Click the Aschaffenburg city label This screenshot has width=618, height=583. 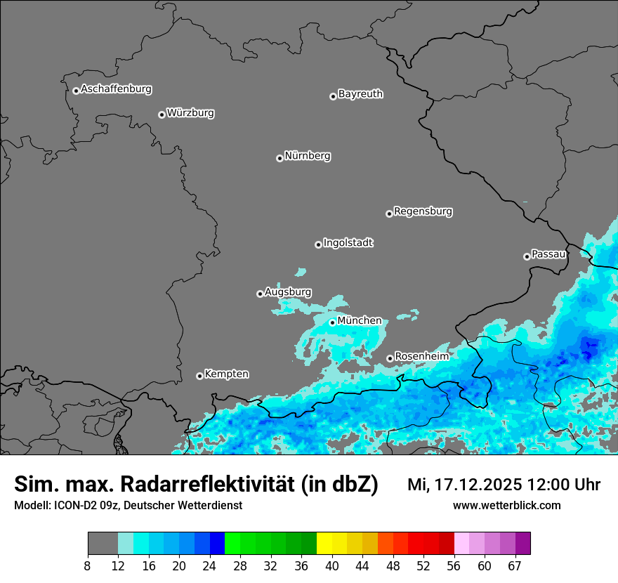(116, 89)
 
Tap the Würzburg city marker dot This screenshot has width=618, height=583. (162, 114)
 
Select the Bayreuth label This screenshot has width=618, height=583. (360, 93)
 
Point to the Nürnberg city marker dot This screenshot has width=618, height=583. (280, 158)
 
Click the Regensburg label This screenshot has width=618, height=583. (423, 211)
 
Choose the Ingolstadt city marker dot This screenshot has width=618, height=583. (318, 244)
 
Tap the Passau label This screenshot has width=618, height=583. (548, 254)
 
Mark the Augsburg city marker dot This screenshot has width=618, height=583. (260, 294)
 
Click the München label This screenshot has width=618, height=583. (360, 320)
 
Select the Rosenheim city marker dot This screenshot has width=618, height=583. (390, 358)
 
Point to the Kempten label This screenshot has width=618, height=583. (226, 374)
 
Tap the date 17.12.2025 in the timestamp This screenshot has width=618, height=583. (475, 485)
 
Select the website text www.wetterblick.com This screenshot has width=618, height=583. (506, 505)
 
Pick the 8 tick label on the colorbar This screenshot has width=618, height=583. (88, 566)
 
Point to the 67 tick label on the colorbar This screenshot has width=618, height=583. (515, 566)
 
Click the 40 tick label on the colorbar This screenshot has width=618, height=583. (332, 566)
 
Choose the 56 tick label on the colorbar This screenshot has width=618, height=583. (454, 566)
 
